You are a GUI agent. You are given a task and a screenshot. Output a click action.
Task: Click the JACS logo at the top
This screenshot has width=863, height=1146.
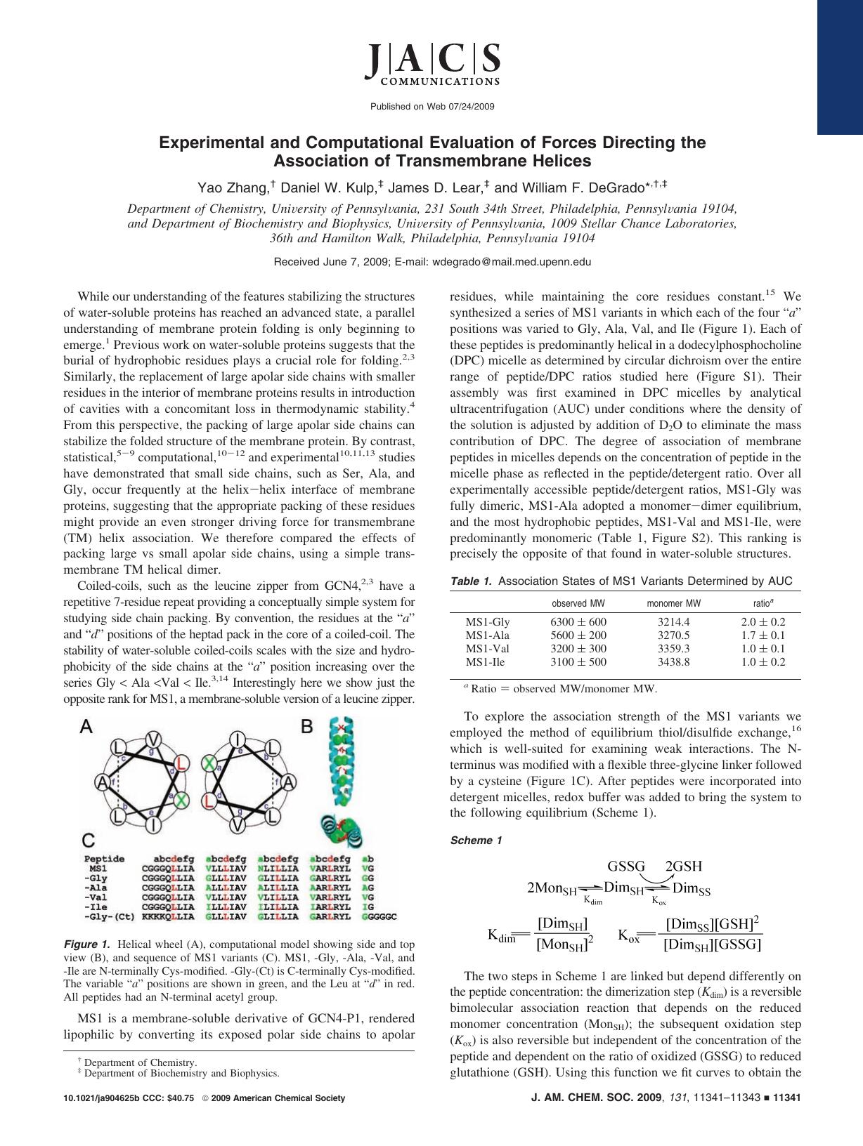coord(432,62)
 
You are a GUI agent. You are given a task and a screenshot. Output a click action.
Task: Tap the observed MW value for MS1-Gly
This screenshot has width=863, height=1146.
coord(578,621)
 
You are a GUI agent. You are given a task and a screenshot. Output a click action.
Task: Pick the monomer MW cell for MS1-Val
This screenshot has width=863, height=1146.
coord(673,648)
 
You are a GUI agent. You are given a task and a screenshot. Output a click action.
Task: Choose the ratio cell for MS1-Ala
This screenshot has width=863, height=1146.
coord(763,635)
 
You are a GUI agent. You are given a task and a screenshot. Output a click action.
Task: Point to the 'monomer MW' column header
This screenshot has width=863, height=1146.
coord(673,603)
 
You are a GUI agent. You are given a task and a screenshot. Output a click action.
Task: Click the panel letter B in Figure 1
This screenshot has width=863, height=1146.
coord(307,727)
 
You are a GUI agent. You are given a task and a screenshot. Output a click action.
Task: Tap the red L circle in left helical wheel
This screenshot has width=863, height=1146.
coord(181,763)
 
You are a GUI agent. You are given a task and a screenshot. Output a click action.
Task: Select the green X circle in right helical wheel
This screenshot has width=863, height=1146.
coord(209,762)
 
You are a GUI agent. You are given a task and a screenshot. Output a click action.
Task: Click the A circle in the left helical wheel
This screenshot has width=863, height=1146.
coord(102,782)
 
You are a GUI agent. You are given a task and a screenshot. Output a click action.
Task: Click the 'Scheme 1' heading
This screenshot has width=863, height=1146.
coord(476,841)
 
